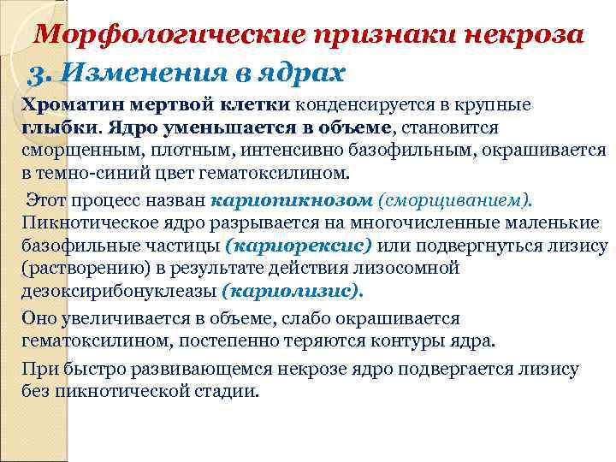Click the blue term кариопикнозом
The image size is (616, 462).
pos(292,201)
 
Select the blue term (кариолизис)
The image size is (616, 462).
pos(293,291)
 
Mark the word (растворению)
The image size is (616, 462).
pos(78,269)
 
